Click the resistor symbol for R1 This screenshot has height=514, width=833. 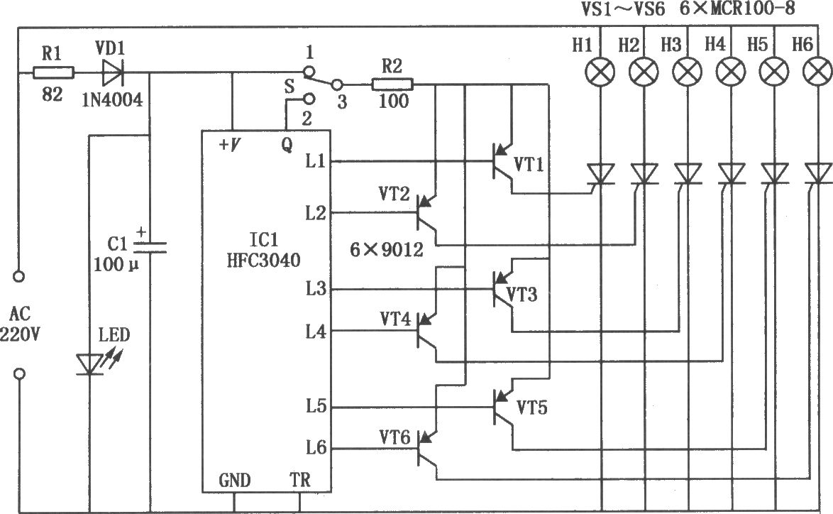(54, 73)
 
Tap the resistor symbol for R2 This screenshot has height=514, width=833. (392, 84)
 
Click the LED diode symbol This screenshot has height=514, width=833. (90, 364)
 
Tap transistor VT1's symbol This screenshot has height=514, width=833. (502, 162)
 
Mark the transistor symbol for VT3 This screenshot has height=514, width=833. (502, 290)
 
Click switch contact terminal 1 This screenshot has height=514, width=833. (308, 71)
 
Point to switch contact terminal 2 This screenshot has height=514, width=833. (309, 99)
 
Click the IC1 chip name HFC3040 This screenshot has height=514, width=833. (263, 260)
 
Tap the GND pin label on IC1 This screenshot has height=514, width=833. (234, 481)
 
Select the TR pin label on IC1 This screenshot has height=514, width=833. (300, 480)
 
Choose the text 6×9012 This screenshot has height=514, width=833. (387, 249)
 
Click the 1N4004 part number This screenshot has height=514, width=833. (113, 99)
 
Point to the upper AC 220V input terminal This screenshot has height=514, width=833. (19, 276)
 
